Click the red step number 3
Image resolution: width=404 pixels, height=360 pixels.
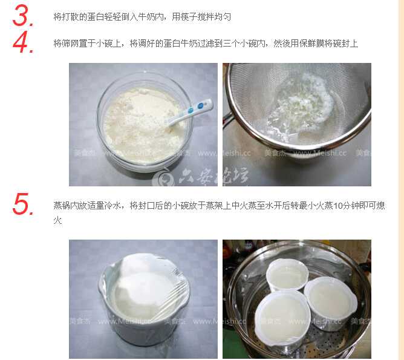point(23,16)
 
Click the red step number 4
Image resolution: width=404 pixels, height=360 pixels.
point(23,42)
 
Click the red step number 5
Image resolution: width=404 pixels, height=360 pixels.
point(23,204)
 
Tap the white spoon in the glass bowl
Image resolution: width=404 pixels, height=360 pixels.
point(191,113)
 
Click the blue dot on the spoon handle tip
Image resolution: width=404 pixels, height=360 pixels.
point(201,106)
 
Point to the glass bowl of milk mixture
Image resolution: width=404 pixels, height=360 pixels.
point(145,121)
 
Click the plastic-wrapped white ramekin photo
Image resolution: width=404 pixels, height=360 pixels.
point(143,299)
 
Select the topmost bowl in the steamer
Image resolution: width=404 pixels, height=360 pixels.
point(287,275)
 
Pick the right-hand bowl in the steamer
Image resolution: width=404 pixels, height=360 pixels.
point(331,302)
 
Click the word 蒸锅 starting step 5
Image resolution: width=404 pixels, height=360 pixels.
point(62,206)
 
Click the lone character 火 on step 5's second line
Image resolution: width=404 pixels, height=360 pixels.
point(57,220)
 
